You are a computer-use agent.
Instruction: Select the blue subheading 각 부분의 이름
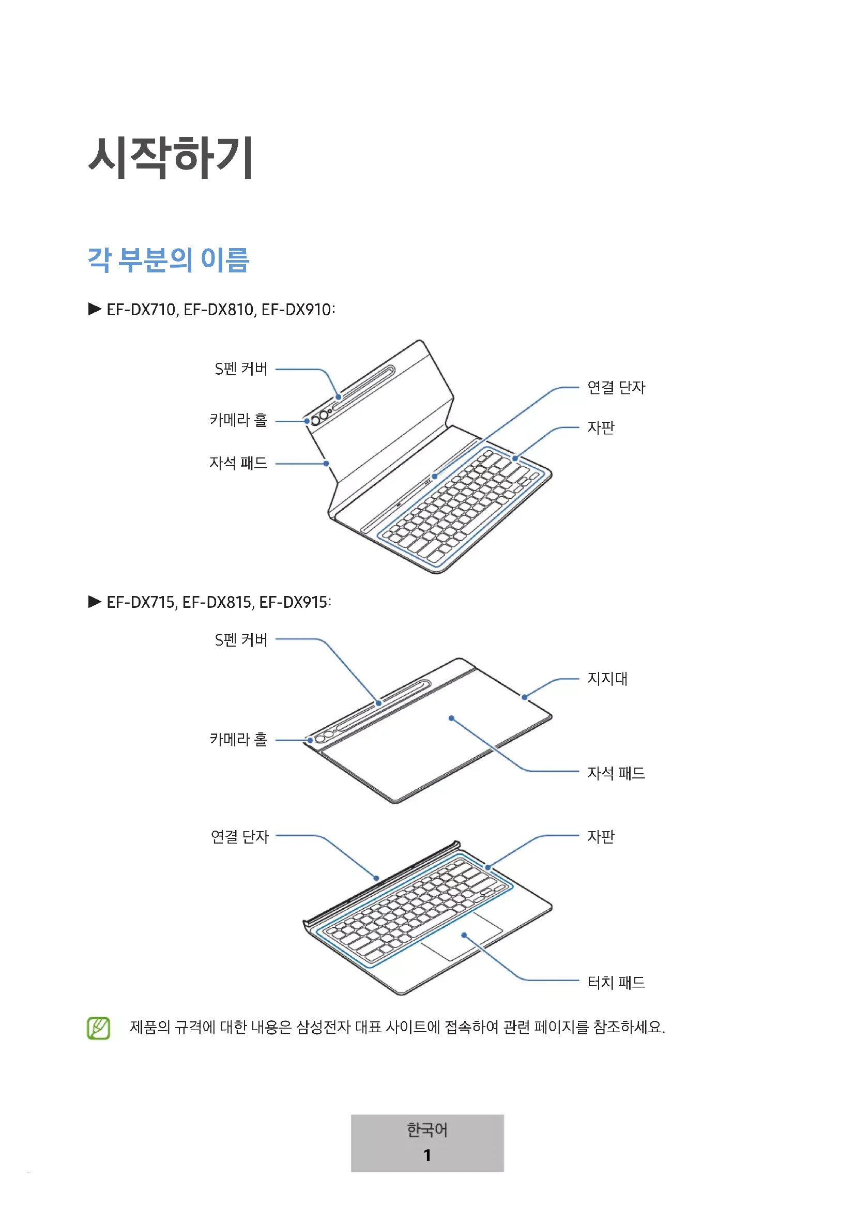coord(169,259)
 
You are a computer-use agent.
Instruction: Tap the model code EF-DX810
coord(219,310)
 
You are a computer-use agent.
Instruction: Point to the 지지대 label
coord(607,678)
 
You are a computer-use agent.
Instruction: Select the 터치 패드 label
coord(616,982)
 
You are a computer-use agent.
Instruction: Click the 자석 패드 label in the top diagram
coord(238,463)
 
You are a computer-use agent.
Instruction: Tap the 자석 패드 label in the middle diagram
coord(616,773)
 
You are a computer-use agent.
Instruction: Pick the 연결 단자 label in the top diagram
coord(616,388)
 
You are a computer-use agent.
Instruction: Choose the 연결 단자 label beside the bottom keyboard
coord(239,836)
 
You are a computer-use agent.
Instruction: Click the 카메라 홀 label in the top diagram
coord(238,420)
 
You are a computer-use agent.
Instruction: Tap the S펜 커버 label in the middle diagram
coord(241,640)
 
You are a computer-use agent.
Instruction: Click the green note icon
coord(98,1028)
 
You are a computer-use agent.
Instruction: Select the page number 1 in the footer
coord(427,1155)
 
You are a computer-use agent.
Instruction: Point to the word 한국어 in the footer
coord(427,1130)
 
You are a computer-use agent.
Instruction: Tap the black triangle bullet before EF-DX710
coord(95,309)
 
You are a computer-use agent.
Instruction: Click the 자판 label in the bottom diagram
coord(601,836)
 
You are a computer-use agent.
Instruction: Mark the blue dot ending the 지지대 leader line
coord(524,697)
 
